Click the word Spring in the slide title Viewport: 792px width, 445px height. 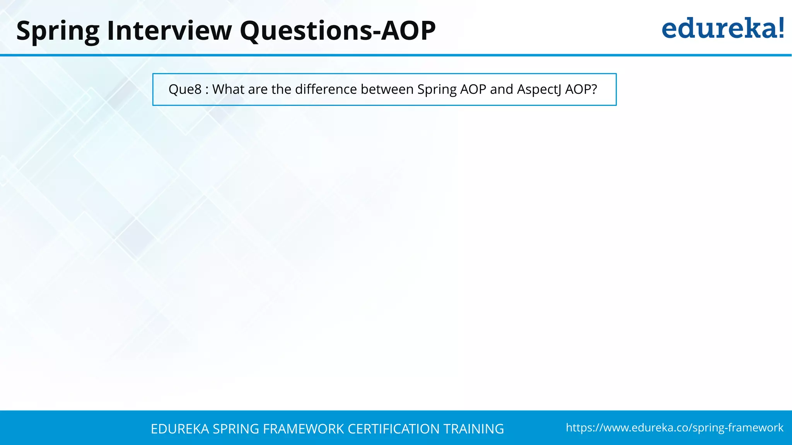click(58, 31)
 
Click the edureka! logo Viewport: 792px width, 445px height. click(722, 29)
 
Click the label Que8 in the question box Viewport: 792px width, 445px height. click(185, 90)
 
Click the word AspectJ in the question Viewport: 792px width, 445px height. click(539, 90)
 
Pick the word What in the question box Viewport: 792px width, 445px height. click(229, 89)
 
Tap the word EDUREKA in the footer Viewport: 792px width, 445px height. click(180, 429)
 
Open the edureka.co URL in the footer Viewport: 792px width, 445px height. click(674, 428)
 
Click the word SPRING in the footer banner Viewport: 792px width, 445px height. click(236, 429)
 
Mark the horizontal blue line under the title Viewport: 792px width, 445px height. click(396, 55)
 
